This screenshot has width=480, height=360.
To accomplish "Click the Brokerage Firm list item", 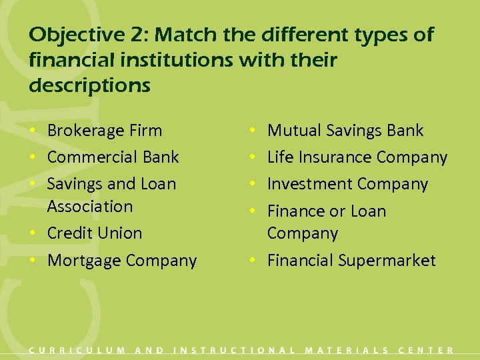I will (105, 131).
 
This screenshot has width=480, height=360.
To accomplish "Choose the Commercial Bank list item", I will (113, 157).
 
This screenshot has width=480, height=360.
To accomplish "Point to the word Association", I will (90, 207).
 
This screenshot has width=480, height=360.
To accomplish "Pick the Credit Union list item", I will (95, 233).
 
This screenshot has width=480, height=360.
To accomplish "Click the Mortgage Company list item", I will (122, 261).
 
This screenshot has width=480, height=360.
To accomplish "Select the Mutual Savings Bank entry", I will (345, 131).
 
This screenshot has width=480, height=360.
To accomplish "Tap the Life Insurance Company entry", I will (357, 157).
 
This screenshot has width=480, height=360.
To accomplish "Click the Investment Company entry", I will (347, 184).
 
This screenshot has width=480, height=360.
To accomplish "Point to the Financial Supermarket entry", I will (351, 261).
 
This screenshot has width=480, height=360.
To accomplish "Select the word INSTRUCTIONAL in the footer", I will (235, 350).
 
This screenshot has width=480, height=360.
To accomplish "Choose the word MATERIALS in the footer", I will (347, 350).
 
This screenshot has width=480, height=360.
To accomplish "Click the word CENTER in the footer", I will (426, 350).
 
